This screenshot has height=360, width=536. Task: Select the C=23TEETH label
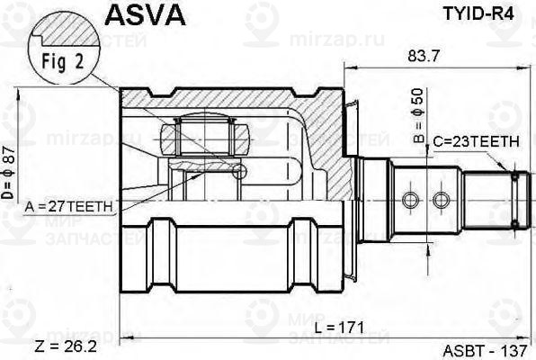pyautogui.click(x=475, y=141)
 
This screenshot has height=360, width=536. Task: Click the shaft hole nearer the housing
pyautogui.click(x=410, y=199)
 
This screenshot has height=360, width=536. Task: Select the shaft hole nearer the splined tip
pyautogui.click(x=440, y=199)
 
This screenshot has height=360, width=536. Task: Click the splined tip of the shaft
pyautogui.click(x=514, y=199)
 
